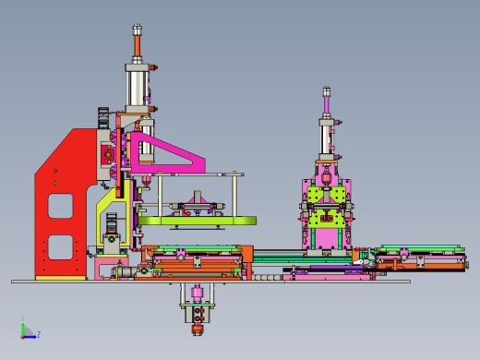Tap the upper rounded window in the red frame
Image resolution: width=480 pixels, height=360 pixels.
point(60,206)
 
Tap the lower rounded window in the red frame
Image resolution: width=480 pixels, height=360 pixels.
point(60,247)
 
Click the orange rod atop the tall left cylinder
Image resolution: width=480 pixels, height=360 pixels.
point(138,46)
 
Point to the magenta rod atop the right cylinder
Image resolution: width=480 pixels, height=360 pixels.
point(327,105)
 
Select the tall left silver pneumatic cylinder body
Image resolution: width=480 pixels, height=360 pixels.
point(138,88)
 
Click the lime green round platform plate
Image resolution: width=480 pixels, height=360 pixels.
point(198,221)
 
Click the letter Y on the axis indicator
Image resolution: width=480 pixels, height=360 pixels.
point(23,318)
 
